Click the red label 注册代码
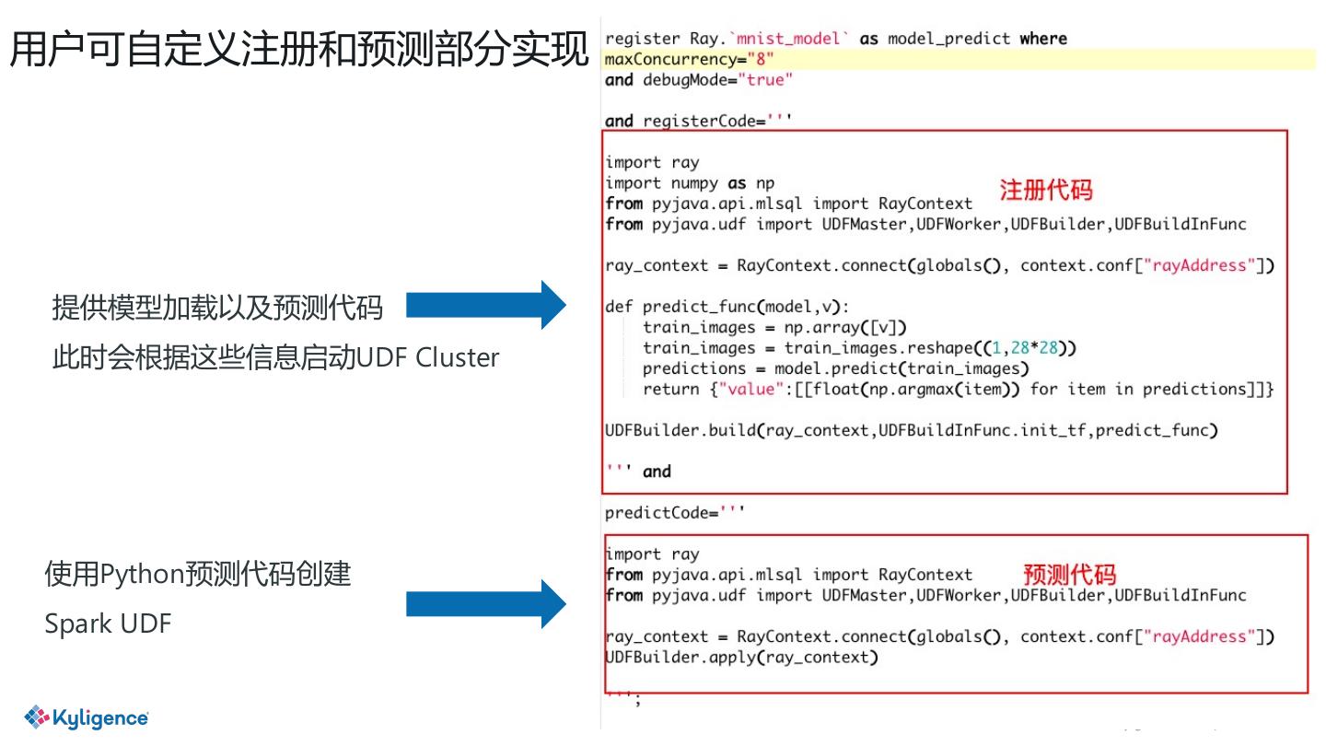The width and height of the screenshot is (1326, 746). pyautogui.click(x=1046, y=191)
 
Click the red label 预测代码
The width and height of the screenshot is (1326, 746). pyautogui.click(x=1070, y=575)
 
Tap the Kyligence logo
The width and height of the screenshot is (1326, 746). pyautogui.click(x=87, y=717)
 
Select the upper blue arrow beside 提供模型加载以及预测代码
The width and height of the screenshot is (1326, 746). pyautogui.click(x=485, y=305)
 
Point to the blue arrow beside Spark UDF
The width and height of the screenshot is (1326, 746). pyautogui.click(x=485, y=604)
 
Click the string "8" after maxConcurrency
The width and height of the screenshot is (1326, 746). pyautogui.click(x=760, y=59)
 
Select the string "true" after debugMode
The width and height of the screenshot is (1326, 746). pyautogui.click(x=763, y=80)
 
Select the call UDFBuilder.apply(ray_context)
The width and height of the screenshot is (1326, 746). pyautogui.click(x=741, y=658)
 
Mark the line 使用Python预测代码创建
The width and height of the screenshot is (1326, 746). pyautogui.click(x=198, y=575)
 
